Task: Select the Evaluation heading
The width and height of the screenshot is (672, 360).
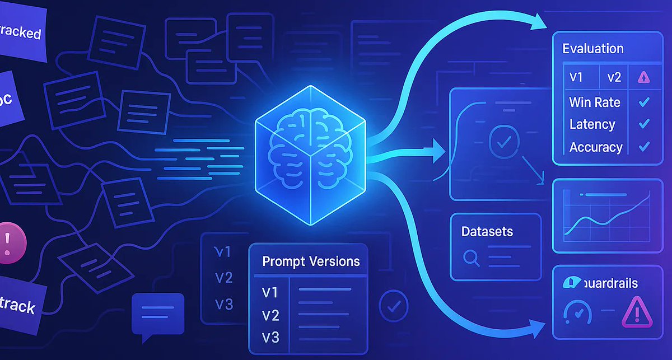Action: pos(593,48)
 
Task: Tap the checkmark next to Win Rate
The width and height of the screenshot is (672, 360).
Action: pos(643,102)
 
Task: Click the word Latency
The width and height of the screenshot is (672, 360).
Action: pos(592,124)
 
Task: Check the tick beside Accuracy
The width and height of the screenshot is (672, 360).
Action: pos(643,147)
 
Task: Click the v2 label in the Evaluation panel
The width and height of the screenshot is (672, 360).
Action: pos(614,78)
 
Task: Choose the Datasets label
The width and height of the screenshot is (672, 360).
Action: pos(487,231)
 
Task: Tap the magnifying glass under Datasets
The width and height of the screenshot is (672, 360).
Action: pos(472,257)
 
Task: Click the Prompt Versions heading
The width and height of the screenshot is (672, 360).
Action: pos(311,261)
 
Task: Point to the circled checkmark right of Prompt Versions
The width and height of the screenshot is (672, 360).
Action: pos(394,305)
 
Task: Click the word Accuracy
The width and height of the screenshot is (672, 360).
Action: pos(596,147)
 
